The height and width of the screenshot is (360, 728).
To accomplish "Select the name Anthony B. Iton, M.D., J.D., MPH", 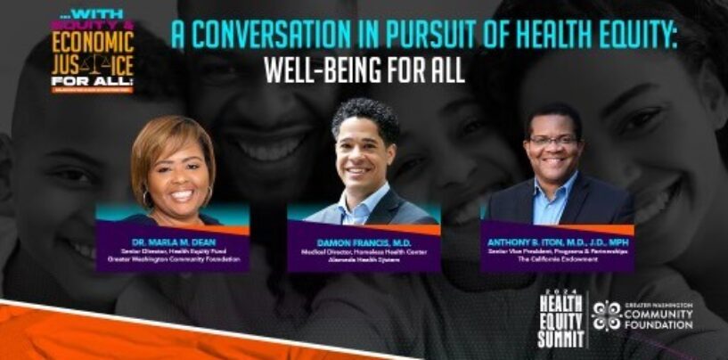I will [556, 239].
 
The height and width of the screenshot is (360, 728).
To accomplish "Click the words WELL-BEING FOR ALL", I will [364, 70].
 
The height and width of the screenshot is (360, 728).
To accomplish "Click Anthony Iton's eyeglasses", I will [553, 141].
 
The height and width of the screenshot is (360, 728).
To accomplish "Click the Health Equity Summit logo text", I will [560, 320].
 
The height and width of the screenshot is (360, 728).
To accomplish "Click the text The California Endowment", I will [556, 258].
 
